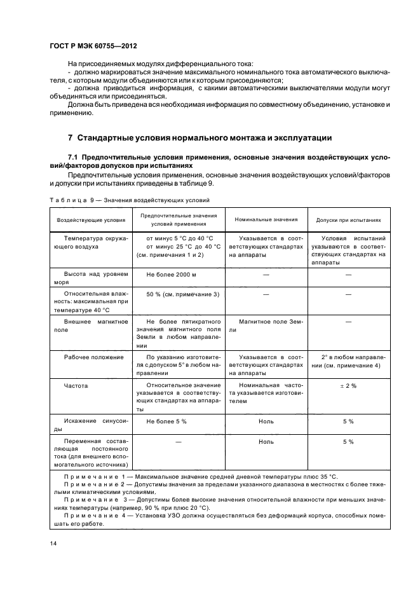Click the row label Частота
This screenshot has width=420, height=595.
(x=76, y=386)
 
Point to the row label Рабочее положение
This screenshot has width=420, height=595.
(x=85, y=357)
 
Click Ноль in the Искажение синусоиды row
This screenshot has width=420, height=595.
(x=266, y=421)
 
